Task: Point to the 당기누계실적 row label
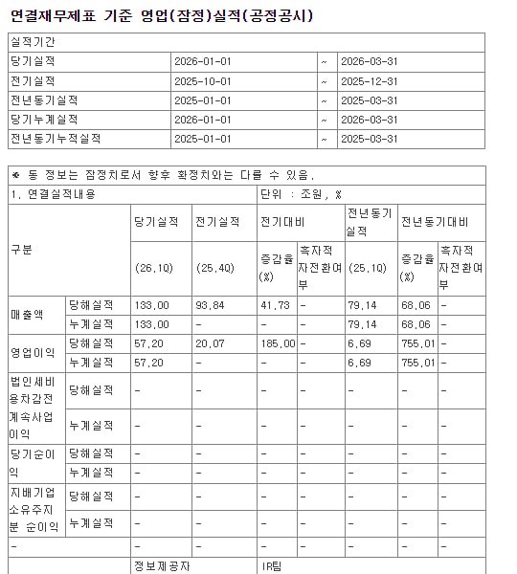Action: coord(47,119)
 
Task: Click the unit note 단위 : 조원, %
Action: coord(301,193)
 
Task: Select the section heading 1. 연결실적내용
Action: coord(48,193)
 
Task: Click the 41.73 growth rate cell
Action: coord(273,304)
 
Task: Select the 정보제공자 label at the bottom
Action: coord(162,566)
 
